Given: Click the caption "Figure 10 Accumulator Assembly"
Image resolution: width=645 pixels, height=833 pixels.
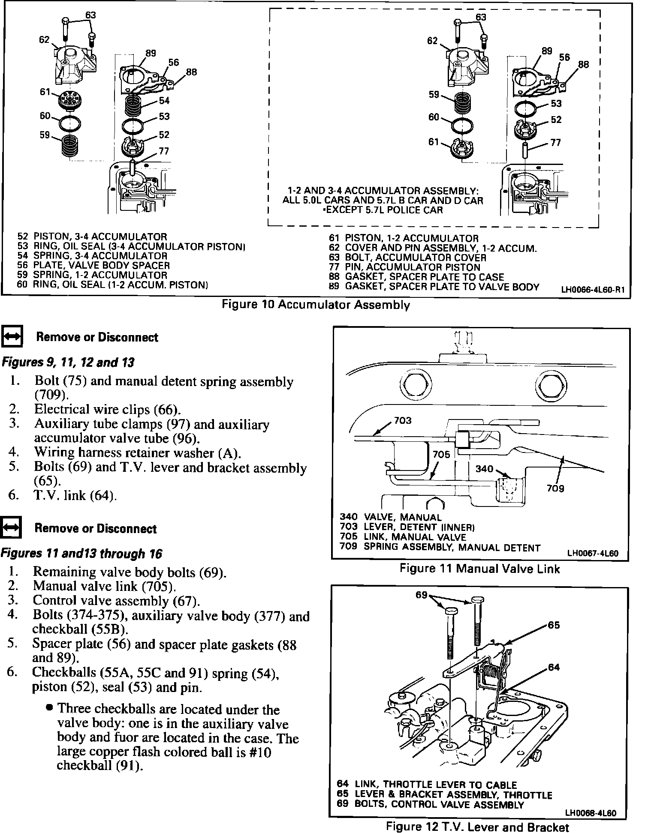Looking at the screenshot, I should point(315,305).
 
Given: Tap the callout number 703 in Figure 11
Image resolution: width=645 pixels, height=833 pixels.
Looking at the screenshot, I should point(402,420).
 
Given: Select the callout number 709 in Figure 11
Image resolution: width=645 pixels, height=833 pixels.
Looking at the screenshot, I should point(555,488).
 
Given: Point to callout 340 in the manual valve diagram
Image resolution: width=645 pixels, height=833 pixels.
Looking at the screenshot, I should point(485,469).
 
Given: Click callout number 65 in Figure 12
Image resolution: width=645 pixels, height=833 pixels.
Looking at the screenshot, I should point(554,625).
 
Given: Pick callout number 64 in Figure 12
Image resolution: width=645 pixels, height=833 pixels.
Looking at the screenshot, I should point(554,668).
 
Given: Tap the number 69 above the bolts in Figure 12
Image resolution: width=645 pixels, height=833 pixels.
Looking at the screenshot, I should point(422,594).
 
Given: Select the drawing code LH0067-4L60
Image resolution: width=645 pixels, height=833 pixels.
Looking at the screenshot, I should point(593,553).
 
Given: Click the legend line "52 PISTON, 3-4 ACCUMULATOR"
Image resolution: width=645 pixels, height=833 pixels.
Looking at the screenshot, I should point(92,237).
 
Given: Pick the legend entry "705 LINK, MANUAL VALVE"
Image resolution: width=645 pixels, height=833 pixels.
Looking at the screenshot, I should point(403,537).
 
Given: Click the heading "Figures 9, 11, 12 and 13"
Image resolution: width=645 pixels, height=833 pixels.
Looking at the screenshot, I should point(68,363).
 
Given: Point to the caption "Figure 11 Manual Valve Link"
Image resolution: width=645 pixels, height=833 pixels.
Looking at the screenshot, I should point(480,569).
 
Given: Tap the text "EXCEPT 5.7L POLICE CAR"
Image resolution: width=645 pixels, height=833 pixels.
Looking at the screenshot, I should point(383,210).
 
